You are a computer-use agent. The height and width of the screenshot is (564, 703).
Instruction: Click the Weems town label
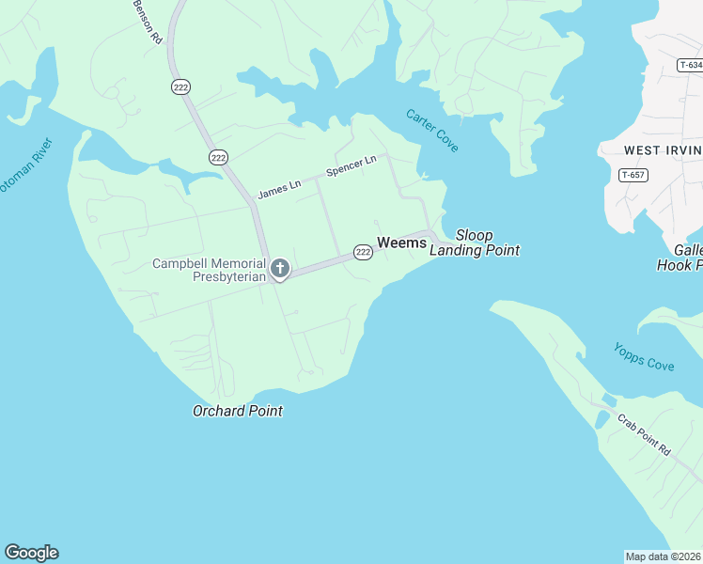point(401,243)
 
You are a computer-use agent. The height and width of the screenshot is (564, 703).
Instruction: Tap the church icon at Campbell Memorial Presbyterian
point(279,270)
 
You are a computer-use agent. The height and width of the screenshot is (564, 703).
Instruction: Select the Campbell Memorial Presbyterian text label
point(209,270)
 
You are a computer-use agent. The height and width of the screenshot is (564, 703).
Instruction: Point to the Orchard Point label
point(238,411)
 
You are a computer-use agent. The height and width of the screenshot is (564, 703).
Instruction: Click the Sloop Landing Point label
point(475,243)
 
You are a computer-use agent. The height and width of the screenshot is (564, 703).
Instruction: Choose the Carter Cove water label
point(431,131)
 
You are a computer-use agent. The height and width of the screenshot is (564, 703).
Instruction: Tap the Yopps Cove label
point(644,356)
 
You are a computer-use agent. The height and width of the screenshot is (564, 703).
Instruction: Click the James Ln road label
point(279,189)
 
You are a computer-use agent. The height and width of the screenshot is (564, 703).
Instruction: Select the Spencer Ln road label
point(351,166)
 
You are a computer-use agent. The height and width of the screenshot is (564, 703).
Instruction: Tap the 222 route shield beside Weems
point(363,252)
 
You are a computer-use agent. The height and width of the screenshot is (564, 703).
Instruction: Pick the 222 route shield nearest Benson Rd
point(180,86)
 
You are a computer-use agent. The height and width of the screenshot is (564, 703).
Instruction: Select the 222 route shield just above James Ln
point(218,157)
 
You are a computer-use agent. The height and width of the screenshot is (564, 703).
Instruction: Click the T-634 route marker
point(689,65)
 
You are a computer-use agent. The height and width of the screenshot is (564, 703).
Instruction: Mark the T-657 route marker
point(633,175)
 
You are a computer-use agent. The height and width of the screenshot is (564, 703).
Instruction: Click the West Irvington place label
point(663,150)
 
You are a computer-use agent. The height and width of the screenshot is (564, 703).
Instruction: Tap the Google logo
point(31,553)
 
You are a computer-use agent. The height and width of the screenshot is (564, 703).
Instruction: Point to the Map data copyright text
point(663,556)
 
